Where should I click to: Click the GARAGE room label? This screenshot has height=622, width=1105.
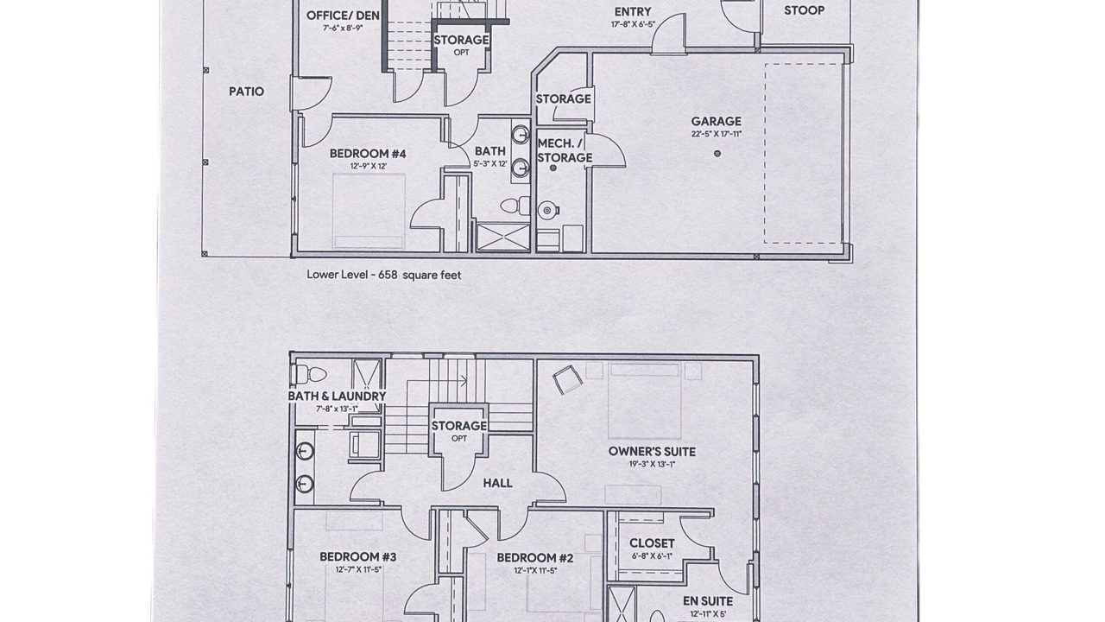point(716,121)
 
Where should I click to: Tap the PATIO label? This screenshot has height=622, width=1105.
point(246,92)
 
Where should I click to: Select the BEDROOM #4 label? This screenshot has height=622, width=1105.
point(368,154)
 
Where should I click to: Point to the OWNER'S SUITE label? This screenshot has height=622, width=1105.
point(652,451)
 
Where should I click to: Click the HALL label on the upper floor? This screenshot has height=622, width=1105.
point(497,483)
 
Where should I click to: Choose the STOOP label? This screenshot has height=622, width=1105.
point(804,10)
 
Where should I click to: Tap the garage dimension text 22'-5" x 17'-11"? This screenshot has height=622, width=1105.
point(717,134)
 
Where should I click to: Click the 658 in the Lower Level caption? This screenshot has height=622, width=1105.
point(388,275)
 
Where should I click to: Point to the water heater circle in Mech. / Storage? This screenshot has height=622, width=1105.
point(547,211)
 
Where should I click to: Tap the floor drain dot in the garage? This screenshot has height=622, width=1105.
point(717,154)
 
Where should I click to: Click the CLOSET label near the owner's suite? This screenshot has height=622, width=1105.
point(652,543)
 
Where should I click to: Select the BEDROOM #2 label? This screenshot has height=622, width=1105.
point(534,558)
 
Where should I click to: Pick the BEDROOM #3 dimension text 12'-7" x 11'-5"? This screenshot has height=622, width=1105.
point(357,569)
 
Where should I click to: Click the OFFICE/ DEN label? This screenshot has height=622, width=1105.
point(343,16)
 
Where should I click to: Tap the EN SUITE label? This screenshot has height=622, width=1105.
point(708,600)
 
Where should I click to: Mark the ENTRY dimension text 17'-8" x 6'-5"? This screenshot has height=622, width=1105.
point(633,24)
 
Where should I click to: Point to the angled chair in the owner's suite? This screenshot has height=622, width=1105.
point(567,379)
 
